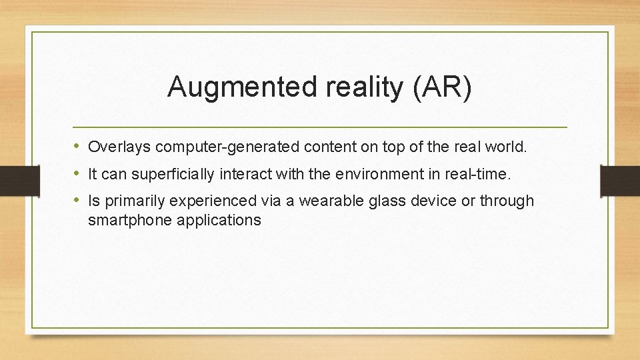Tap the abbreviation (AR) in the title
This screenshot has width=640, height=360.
(442, 87)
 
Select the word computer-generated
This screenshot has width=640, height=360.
(213, 147)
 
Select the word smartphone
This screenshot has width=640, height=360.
(129, 220)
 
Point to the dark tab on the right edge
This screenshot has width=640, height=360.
(620, 179)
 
